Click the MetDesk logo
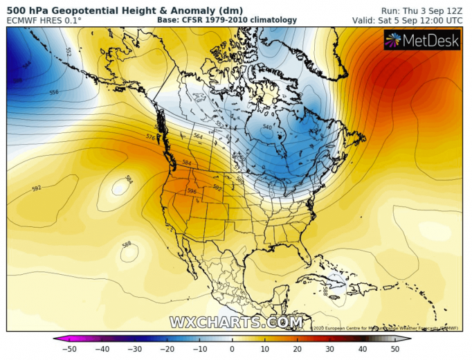[x=423, y=42]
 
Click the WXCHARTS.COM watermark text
[x=236, y=322]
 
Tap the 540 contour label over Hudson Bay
[x=267, y=127]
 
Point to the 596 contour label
[x=192, y=191]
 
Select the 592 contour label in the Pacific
[x=37, y=188]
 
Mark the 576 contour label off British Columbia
[x=150, y=138]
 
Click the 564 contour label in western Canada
[x=197, y=136]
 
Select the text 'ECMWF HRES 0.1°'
[x=43, y=21]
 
